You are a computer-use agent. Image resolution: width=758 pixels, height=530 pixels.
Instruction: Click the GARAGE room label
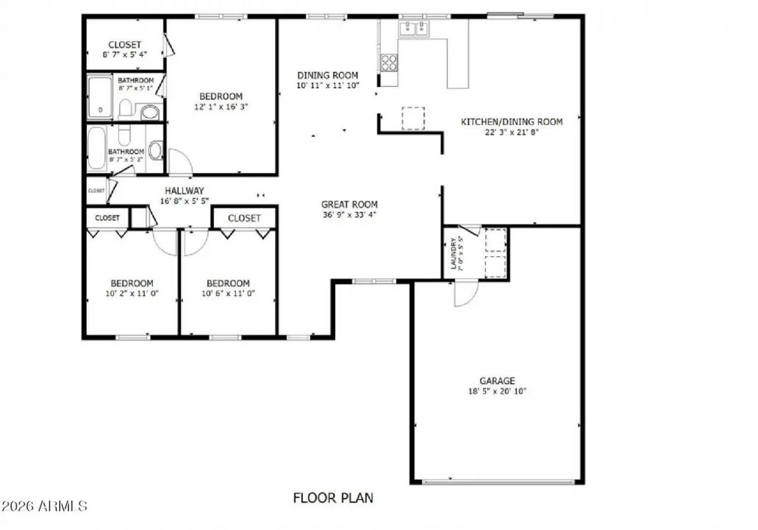pos(497,381)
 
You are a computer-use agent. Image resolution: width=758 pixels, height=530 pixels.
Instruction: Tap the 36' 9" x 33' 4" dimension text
pos(349,215)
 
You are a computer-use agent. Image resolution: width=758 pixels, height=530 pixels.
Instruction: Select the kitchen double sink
pos(414,29)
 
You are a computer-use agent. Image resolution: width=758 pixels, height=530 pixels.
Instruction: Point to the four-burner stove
pos(388,63)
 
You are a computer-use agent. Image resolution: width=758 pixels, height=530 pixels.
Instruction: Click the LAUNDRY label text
pos(453,253)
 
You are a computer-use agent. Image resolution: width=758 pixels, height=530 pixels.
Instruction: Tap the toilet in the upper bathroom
pos(126,109)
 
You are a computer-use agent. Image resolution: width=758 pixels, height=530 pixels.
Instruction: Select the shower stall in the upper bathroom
pos(99,96)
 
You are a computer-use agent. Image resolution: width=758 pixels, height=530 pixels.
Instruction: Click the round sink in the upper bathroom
pos(150,112)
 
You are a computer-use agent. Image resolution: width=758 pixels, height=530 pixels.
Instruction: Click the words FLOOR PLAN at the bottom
pos(333,498)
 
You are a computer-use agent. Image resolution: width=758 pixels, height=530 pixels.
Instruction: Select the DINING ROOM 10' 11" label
pos(327,75)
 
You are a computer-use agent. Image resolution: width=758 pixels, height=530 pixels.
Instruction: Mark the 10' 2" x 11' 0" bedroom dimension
pos(132,294)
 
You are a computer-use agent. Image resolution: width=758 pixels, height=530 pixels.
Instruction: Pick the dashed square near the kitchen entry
pos(412,119)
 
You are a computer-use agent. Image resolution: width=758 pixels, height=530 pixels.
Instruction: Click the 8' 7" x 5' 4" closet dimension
pos(124,54)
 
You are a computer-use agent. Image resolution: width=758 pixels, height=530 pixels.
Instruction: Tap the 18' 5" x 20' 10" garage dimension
pos(497,392)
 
